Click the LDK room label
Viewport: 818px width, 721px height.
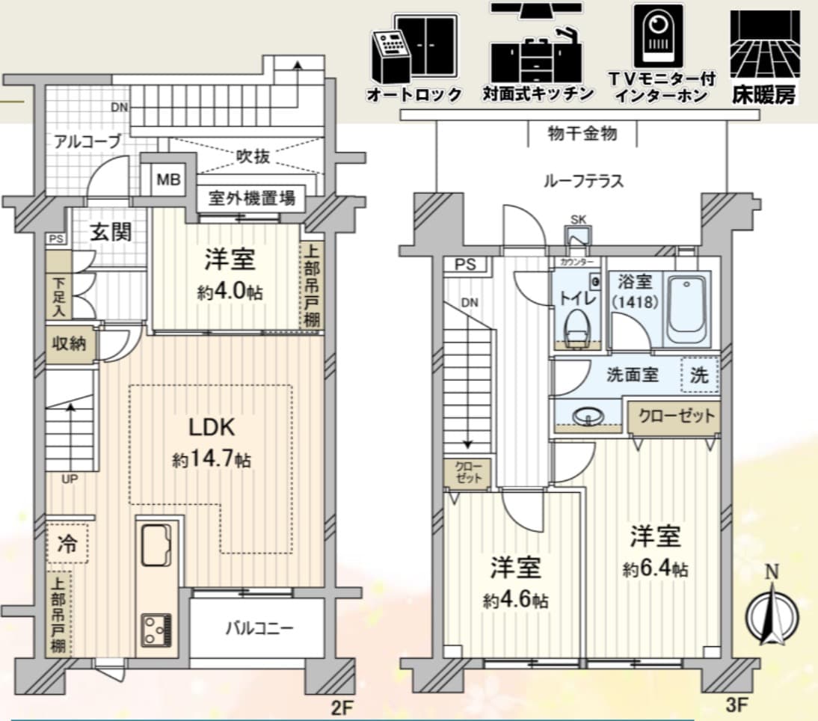pos(212,427)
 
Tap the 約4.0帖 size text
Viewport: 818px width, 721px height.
pos(230,292)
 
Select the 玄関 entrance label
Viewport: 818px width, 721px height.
pos(111,232)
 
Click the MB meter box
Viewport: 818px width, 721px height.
pos(168,180)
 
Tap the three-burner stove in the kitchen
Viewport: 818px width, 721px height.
pos(156,630)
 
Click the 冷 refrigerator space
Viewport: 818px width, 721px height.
pos(67,544)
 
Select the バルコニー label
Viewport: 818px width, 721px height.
pos(259,628)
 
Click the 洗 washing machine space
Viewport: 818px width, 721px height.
pos(700,375)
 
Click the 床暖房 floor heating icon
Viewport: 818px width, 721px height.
pos(765,58)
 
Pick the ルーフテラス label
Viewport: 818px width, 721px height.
pos(583,181)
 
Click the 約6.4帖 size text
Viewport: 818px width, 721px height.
pos(655,568)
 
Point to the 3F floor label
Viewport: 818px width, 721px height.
pos(737,705)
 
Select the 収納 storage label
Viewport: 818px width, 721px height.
pos(70,343)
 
